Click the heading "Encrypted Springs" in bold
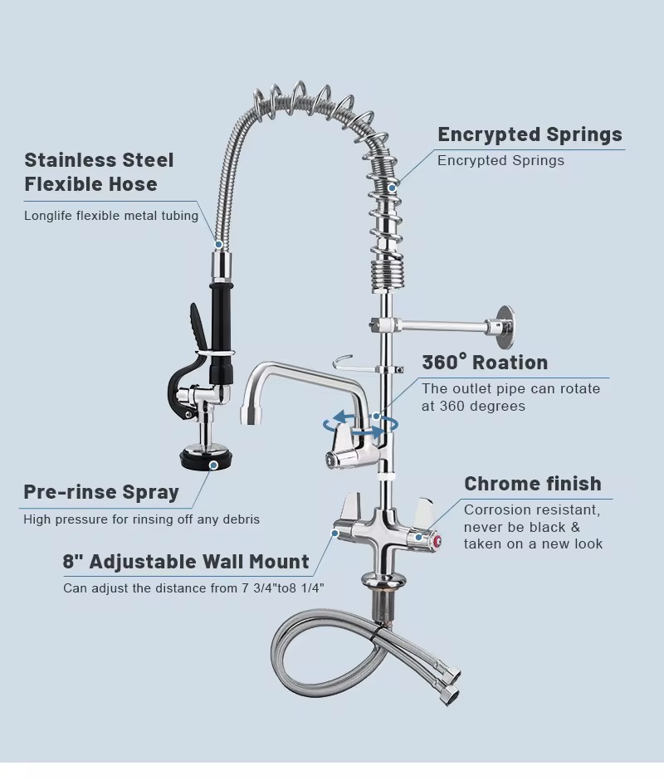(x=530, y=134)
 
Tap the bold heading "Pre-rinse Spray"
(x=101, y=492)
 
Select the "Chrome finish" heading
(x=533, y=484)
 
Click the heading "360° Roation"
(x=485, y=363)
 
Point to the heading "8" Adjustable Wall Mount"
(x=186, y=562)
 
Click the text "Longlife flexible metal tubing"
(x=111, y=216)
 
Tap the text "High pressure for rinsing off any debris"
(x=141, y=519)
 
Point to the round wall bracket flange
(x=505, y=328)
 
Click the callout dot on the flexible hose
(x=219, y=245)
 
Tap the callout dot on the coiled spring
(x=395, y=186)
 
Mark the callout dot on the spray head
(x=213, y=466)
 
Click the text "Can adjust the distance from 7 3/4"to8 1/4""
(x=193, y=588)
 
